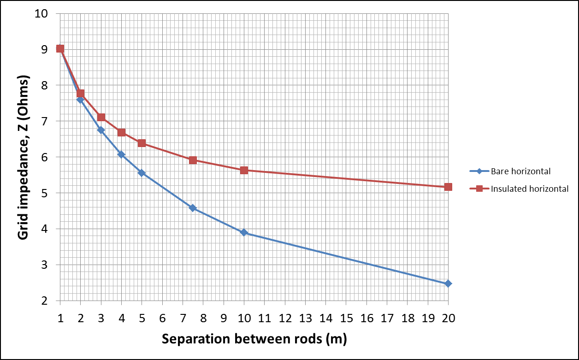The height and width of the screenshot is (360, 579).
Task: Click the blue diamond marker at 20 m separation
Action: coord(448,283)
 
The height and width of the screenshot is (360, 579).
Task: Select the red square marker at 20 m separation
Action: coord(448,187)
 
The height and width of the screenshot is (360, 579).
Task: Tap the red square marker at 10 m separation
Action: coord(244,170)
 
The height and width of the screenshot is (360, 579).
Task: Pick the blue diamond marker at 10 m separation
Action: coord(244,232)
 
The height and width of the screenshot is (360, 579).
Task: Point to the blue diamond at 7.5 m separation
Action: coord(193,208)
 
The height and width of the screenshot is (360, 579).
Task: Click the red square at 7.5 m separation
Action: coord(193,160)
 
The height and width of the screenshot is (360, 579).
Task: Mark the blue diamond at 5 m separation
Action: coord(142,173)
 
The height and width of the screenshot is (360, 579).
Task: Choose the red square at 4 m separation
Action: coord(121,132)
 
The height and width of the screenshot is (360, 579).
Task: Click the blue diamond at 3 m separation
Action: coord(101,130)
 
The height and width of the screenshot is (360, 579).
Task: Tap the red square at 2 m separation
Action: coord(80,94)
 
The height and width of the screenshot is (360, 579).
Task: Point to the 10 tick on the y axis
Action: coord(42,14)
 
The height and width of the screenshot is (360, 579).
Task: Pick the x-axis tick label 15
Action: coord(346,318)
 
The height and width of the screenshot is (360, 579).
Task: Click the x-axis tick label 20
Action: coord(448,318)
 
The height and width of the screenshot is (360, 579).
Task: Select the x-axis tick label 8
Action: coord(203,318)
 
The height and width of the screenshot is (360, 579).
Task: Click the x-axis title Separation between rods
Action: coord(254,339)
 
